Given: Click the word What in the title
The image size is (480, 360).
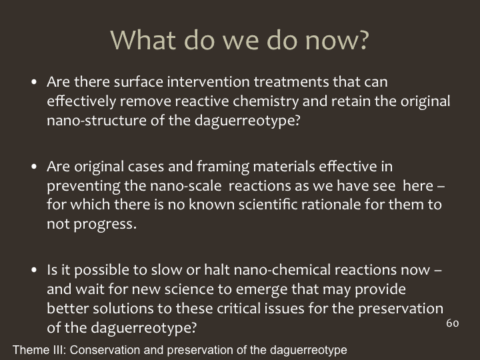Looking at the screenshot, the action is coord(143,40).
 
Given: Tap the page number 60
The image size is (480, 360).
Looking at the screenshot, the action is coord(453,323).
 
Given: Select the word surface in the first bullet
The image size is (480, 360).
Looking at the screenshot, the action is coord(139,82).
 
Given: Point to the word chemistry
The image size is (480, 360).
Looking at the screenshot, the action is coord(265,102).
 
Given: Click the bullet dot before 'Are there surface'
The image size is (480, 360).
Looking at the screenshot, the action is coord(34,82).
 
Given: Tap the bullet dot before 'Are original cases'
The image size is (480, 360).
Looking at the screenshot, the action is coord(34,167).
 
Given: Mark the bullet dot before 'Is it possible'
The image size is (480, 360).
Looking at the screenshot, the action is coord(34,270).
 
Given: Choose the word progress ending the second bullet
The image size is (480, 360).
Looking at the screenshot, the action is coord(105,225).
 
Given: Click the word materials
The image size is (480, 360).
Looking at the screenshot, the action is coord(284,167).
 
